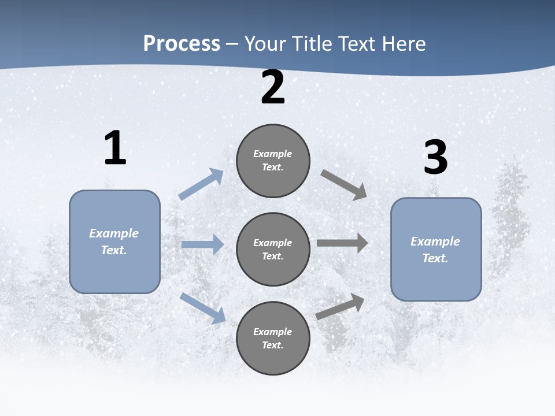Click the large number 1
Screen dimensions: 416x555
pos(115,148)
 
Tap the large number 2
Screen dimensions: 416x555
pos(273,87)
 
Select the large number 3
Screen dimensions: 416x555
pos(436,158)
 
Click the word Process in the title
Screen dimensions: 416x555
pos(182,43)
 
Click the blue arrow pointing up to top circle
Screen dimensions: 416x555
pos(201,184)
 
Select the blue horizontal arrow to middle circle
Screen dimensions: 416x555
pos(202,245)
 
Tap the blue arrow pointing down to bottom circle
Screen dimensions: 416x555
pos(202,308)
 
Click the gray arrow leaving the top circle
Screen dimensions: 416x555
pos(343,184)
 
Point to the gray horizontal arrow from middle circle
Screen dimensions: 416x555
pos(342,243)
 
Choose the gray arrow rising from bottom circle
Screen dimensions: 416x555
pos(340,307)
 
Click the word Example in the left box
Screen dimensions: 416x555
pos(114,233)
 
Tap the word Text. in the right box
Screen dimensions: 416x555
pos(435,258)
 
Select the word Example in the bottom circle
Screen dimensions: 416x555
pos(273,332)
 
